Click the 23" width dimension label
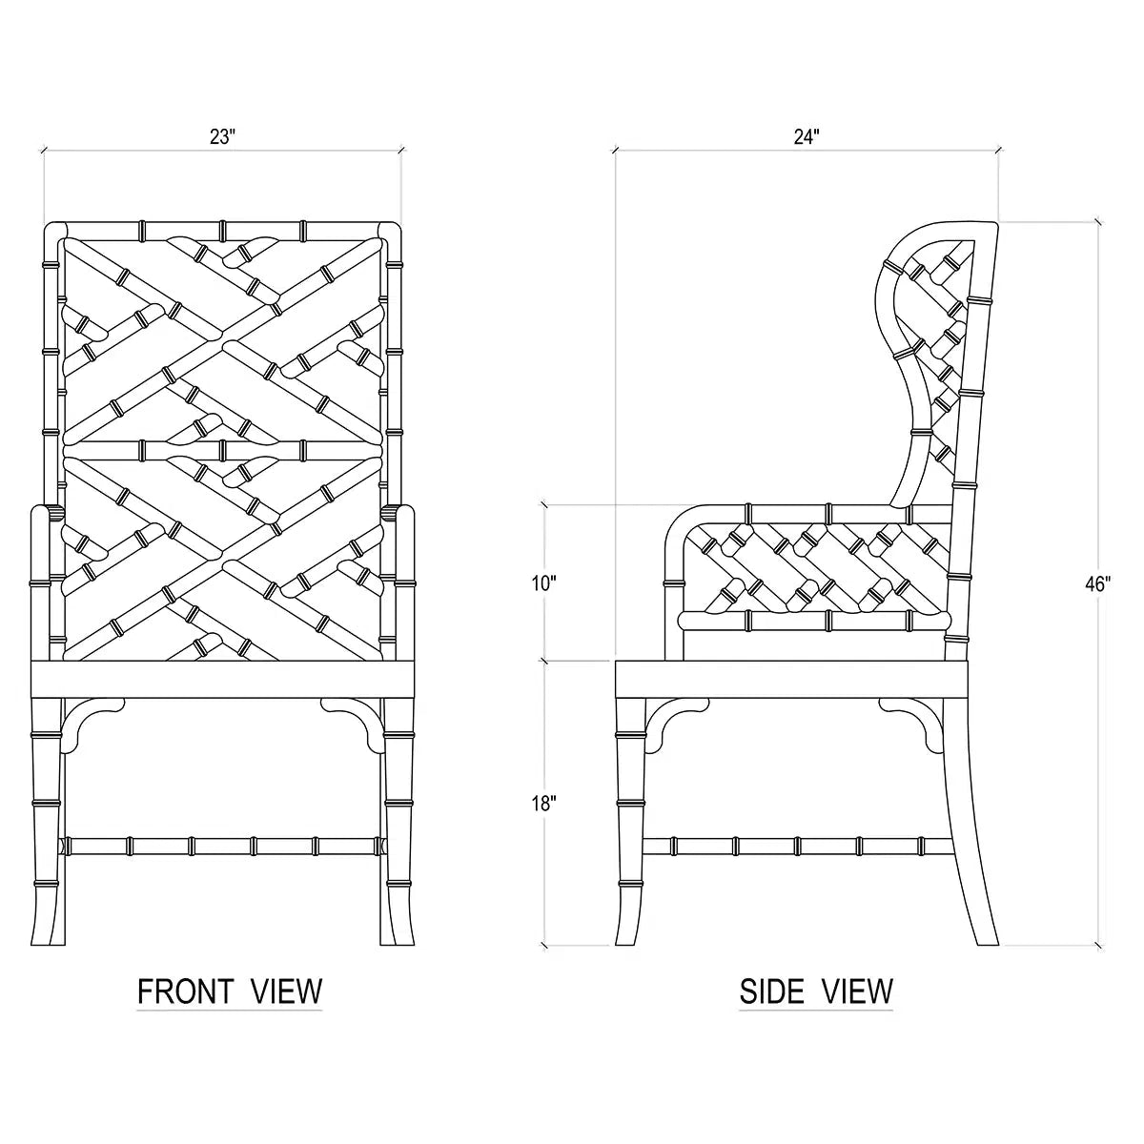point(223,136)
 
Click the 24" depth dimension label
point(807,136)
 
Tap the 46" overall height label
point(1097,584)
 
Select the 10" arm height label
point(543,584)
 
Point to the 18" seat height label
point(543,804)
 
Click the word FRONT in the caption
point(185,991)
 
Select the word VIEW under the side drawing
point(857,991)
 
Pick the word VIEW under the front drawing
point(286,991)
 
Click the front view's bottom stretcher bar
point(223,846)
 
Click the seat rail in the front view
point(223,679)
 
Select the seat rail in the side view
point(792,679)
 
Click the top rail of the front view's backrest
point(223,231)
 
